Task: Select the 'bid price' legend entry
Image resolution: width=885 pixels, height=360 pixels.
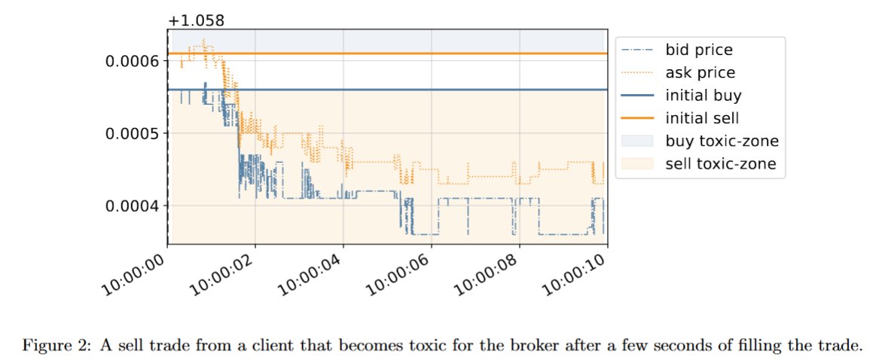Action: pyautogui.click(x=699, y=50)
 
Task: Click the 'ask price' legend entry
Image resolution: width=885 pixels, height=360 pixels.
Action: pyautogui.click(x=700, y=73)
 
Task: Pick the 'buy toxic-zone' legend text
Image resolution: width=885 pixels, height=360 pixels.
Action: pyautogui.click(x=722, y=141)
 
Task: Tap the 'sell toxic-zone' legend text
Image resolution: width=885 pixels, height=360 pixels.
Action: pyautogui.click(x=721, y=163)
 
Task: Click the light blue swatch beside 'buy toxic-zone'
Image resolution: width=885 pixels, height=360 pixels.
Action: pyautogui.click(x=637, y=141)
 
